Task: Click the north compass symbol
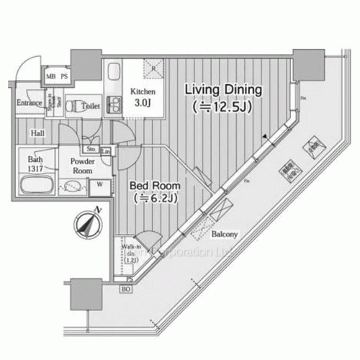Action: [x=86, y=225]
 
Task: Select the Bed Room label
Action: [x=155, y=190]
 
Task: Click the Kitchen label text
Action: [x=141, y=96]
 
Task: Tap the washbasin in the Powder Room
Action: [x=73, y=186]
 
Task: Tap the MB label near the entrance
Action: [x=50, y=75]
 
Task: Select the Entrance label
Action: [x=29, y=102]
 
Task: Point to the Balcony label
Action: [x=225, y=235]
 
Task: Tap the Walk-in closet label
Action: [x=130, y=253]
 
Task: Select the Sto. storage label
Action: [x=91, y=150]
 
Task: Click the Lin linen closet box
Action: [x=106, y=151]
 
